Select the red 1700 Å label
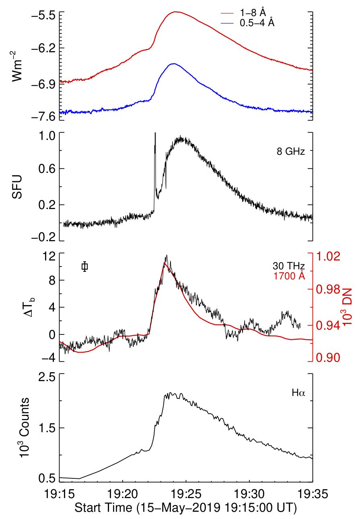(x=289, y=276)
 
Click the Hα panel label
(x=298, y=393)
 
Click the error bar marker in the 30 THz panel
(x=84, y=266)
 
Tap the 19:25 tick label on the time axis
(x=186, y=493)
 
